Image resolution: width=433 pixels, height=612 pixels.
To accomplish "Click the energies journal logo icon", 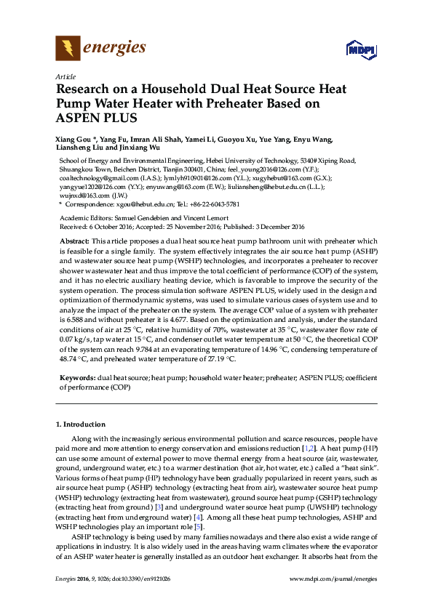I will [68, 49].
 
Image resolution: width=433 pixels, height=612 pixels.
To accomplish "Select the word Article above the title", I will [65, 76].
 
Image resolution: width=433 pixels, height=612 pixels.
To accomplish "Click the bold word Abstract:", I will [74, 241].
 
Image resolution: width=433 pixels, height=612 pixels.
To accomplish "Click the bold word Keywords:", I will [76, 379].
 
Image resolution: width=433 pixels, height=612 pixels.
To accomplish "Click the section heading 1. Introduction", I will [80, 424].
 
